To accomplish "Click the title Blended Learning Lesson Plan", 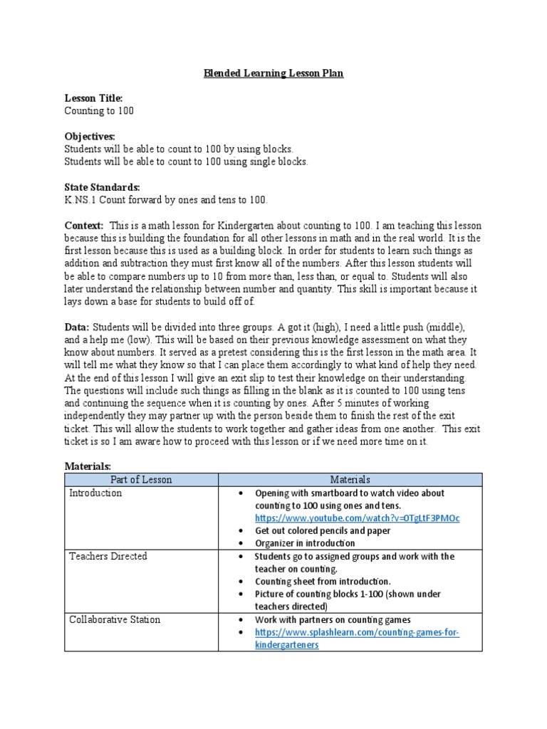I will click(x=274, y=73).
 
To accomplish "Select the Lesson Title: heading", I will click(x=94, y=98).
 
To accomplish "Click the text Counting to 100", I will click(x=99, y=111).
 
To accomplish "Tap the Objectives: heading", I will click(x=90, y=136).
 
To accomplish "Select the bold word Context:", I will click(x=84, y=225).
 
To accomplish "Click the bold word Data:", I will click(x=77, y=327).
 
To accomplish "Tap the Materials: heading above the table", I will click(x=88, y=466).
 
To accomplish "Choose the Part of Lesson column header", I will click(x=141, y=480).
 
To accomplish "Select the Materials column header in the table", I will click(x=350, y=480).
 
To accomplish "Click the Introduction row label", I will click(x=95, y=493).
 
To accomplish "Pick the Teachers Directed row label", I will click(x=108, y=556).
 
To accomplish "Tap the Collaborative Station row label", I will click(x=115, y=619).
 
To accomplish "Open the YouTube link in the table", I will click(x=357, y=518).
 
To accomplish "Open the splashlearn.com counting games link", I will click(x=356, y=632).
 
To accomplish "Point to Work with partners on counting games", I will click(x=333, y=620).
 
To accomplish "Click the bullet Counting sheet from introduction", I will click(x=322, y=582).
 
